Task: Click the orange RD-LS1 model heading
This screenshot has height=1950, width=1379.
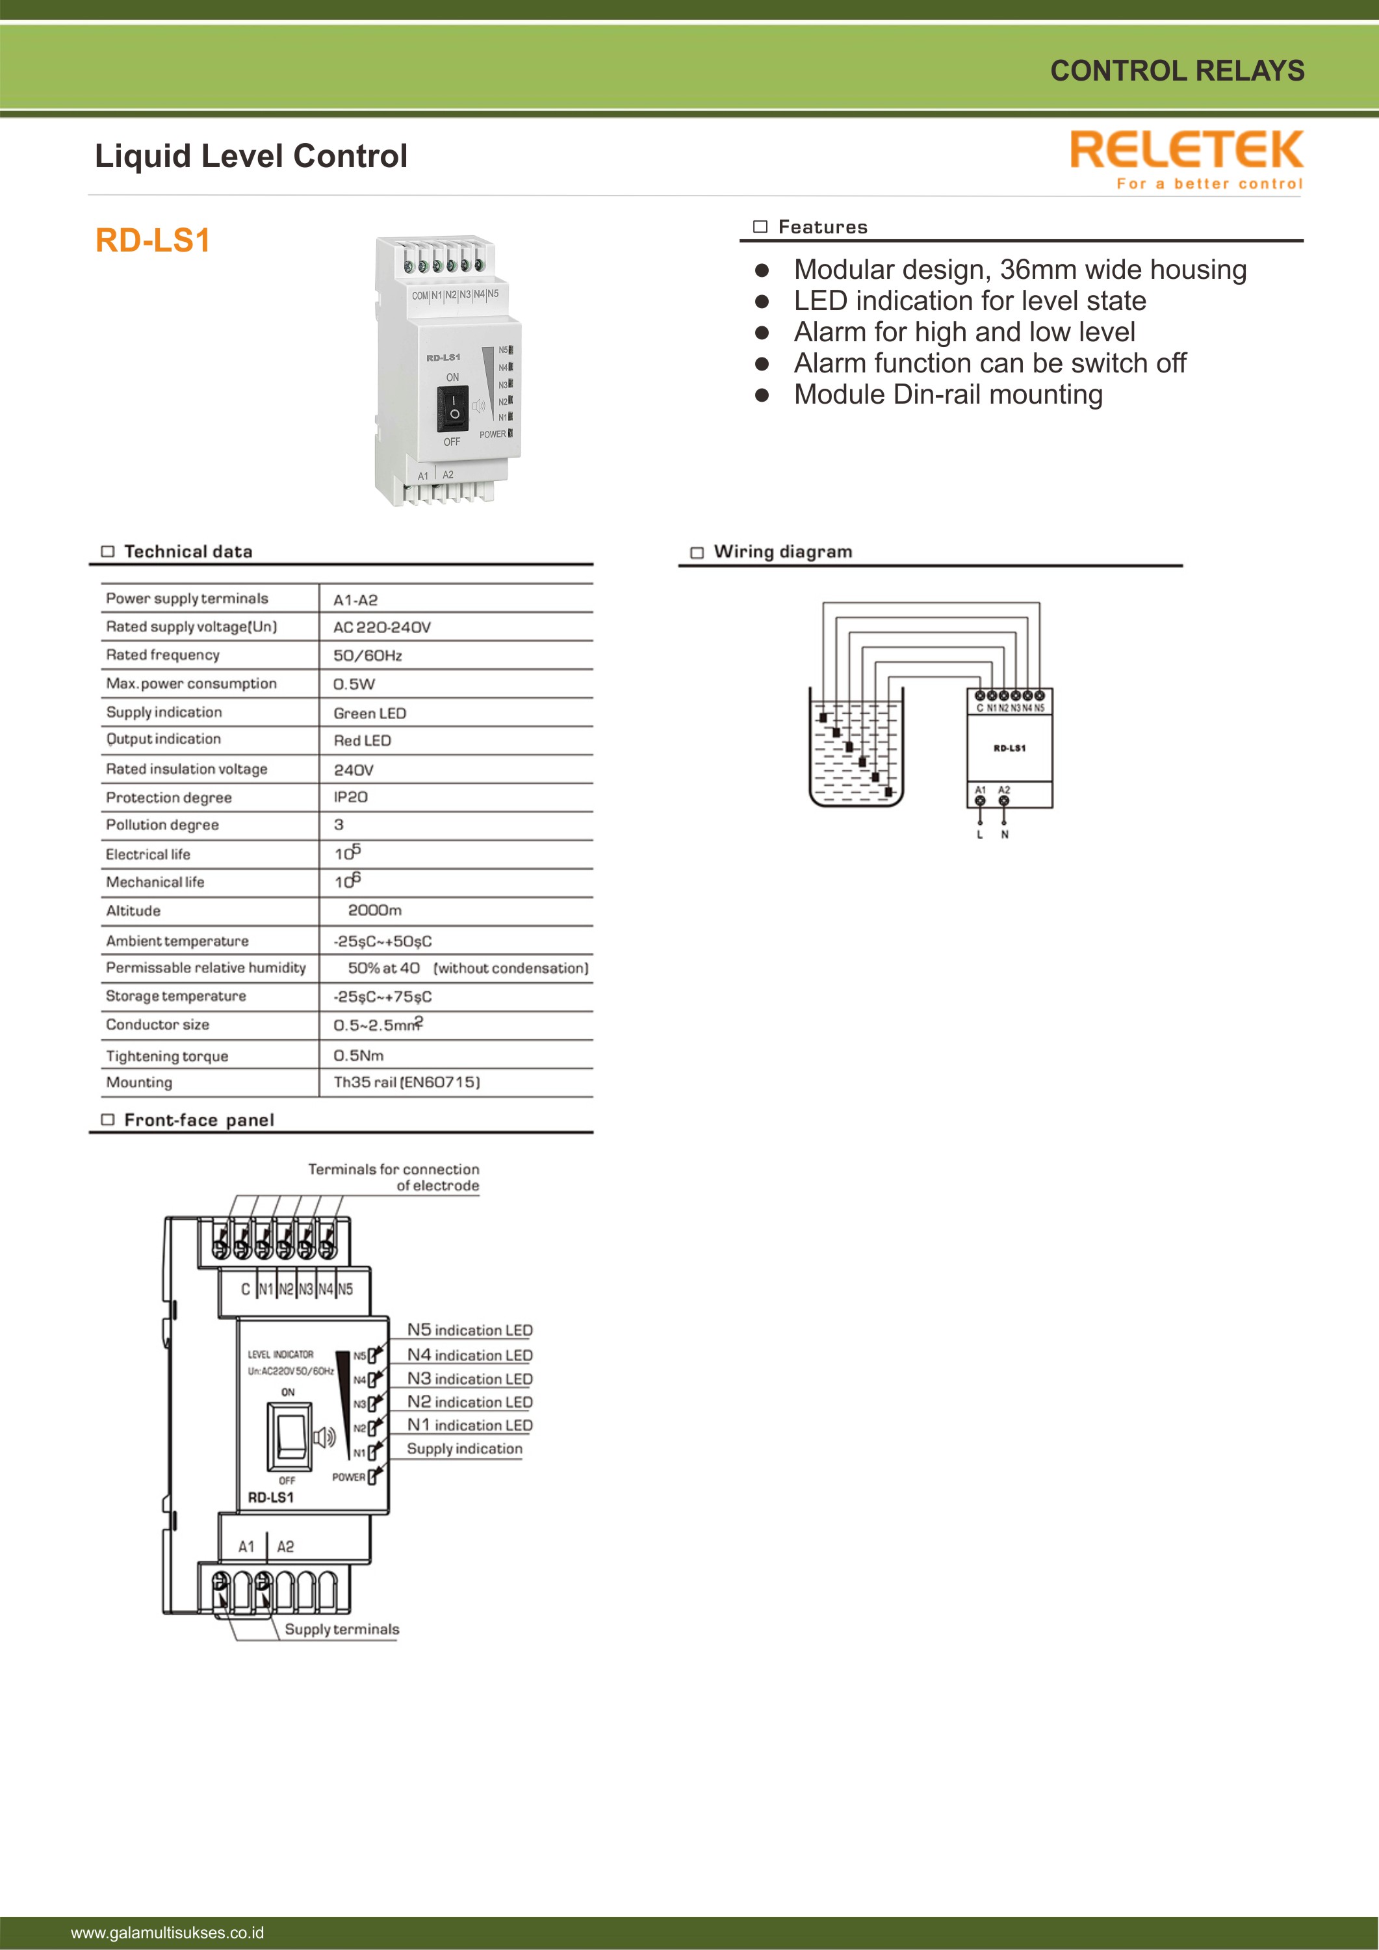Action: click(x=153, y=240)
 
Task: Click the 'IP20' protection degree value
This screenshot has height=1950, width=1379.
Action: click(x=351, y=797)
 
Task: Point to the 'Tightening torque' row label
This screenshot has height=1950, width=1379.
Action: click(x=167, y=1056)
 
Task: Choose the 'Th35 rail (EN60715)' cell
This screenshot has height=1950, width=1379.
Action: click(x=407, y=1082)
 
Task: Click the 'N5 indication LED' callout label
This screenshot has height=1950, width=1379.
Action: click(x=470, y=1330)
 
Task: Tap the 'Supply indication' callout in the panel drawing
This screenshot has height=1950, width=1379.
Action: click(x=465, y=1449)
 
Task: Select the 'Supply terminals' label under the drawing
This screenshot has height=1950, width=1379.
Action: click(x=341, y=1629)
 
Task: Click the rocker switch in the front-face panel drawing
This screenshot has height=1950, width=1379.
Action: click(x=290, y=1435)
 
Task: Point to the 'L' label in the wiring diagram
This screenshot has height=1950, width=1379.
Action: click(x=980, y=835)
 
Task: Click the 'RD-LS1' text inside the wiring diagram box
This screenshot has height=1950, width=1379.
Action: click(x=1010, y=748)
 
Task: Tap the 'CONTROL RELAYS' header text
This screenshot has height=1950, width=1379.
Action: click(x=1177, y=70)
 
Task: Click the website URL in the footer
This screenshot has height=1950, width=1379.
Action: click(x=167, y=1932)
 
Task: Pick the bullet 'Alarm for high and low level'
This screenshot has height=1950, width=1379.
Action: click(x=964, y=332)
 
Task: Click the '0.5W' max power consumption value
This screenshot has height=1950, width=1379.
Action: click(x=354, y=684)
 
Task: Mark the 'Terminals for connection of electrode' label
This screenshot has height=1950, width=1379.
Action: click(x=394, y=1177)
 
